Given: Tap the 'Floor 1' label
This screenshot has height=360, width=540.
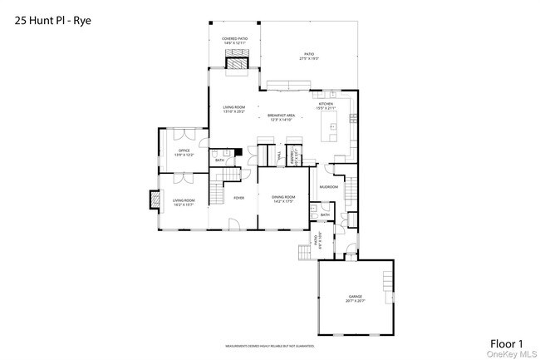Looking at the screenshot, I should (505, 343).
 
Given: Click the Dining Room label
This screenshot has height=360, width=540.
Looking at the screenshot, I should (283, 198).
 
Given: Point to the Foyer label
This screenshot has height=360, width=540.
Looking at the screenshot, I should (238, 198).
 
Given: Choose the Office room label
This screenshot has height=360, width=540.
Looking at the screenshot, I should (184, 151).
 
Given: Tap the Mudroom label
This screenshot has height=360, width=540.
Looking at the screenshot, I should (329, 187).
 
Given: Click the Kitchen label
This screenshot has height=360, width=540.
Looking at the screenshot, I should (325, 104).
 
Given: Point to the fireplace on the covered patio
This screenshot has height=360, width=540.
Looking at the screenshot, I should (238, 63).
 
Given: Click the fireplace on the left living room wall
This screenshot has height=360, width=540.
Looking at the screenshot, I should (154, 200).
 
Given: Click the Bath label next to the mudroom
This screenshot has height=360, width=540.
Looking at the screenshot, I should (325, 215).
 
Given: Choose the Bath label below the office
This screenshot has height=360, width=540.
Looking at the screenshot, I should (219, 160).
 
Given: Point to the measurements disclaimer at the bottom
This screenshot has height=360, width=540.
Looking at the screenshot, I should (269, 345).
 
